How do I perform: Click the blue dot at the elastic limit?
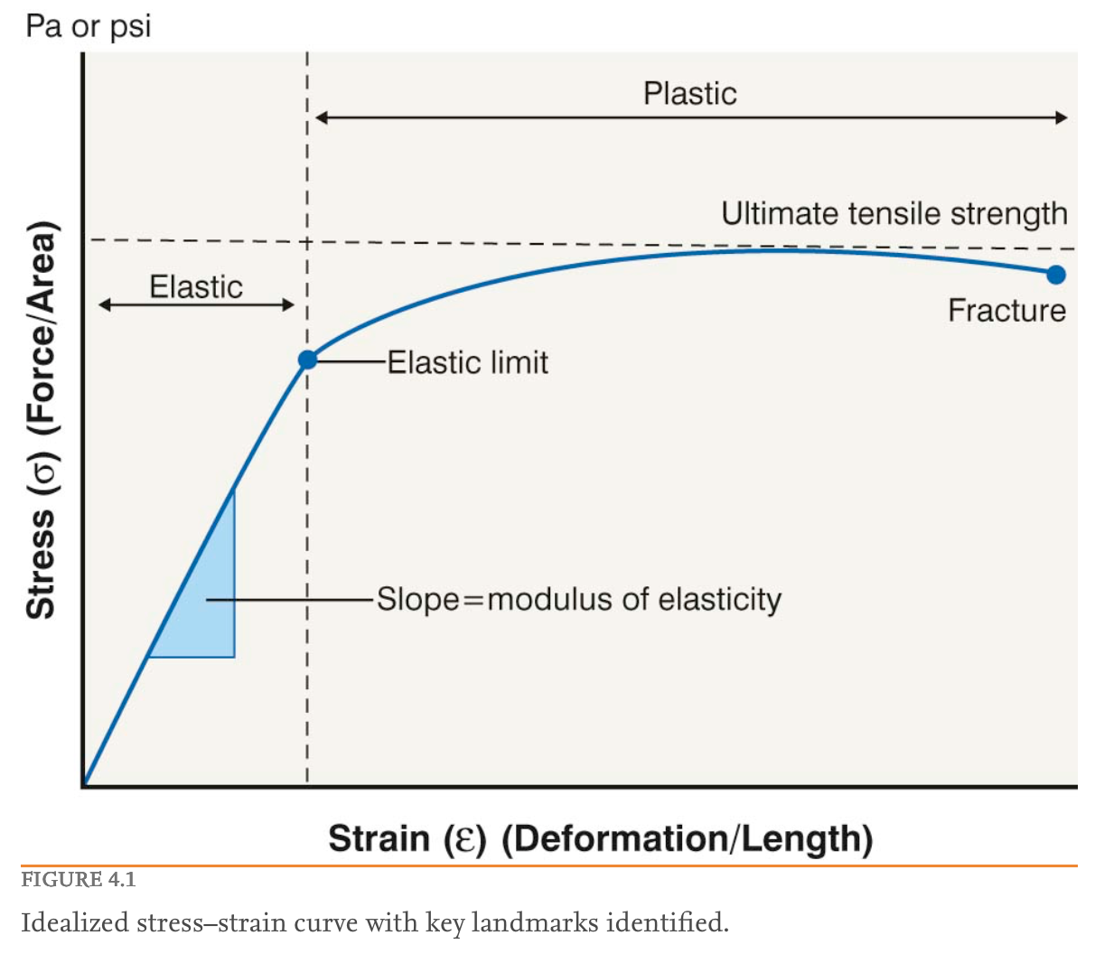click(307, 360)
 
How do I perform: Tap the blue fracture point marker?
click(1055, 275)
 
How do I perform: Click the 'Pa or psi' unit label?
click(88, 26)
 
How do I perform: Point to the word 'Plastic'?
click(689, 93)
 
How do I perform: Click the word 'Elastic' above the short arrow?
click(196, 286)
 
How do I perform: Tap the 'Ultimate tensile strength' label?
click(894, 214)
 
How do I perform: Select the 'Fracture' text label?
click(1006, 311)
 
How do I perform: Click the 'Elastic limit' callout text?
click(468, 362)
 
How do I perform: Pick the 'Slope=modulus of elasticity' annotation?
click(578, 599)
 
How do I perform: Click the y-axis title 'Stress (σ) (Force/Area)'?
click(42, 420)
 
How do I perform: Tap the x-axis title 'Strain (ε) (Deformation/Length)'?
click(600, 838)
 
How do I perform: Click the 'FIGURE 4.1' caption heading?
click(79, 879)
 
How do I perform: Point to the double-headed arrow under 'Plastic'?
click(691, 117)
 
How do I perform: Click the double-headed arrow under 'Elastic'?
click(196, 304)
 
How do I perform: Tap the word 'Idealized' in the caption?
click(77, 922)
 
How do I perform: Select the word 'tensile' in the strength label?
click(884, 214)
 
